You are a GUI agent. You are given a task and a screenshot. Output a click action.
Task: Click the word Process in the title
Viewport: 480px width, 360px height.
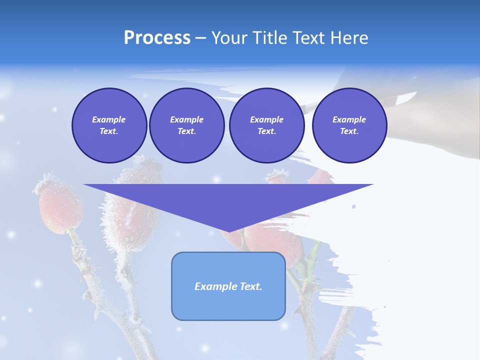157,38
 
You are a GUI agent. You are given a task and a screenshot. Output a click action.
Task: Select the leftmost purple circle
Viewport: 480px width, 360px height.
109,125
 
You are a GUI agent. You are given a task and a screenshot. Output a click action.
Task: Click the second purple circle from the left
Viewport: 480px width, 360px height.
186,125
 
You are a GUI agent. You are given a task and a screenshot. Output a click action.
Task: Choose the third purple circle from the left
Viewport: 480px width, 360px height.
266,125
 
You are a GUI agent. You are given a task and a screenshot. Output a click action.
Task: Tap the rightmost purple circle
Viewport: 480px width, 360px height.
349,125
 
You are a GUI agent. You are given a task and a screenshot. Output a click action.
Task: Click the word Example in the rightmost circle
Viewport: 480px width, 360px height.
349,119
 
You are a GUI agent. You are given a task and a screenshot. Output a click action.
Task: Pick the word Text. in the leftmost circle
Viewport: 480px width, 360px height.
109,131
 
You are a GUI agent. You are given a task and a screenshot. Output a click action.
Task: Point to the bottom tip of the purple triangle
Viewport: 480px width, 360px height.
228,231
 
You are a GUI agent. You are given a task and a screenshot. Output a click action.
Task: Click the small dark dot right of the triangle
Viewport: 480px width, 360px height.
353,206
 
